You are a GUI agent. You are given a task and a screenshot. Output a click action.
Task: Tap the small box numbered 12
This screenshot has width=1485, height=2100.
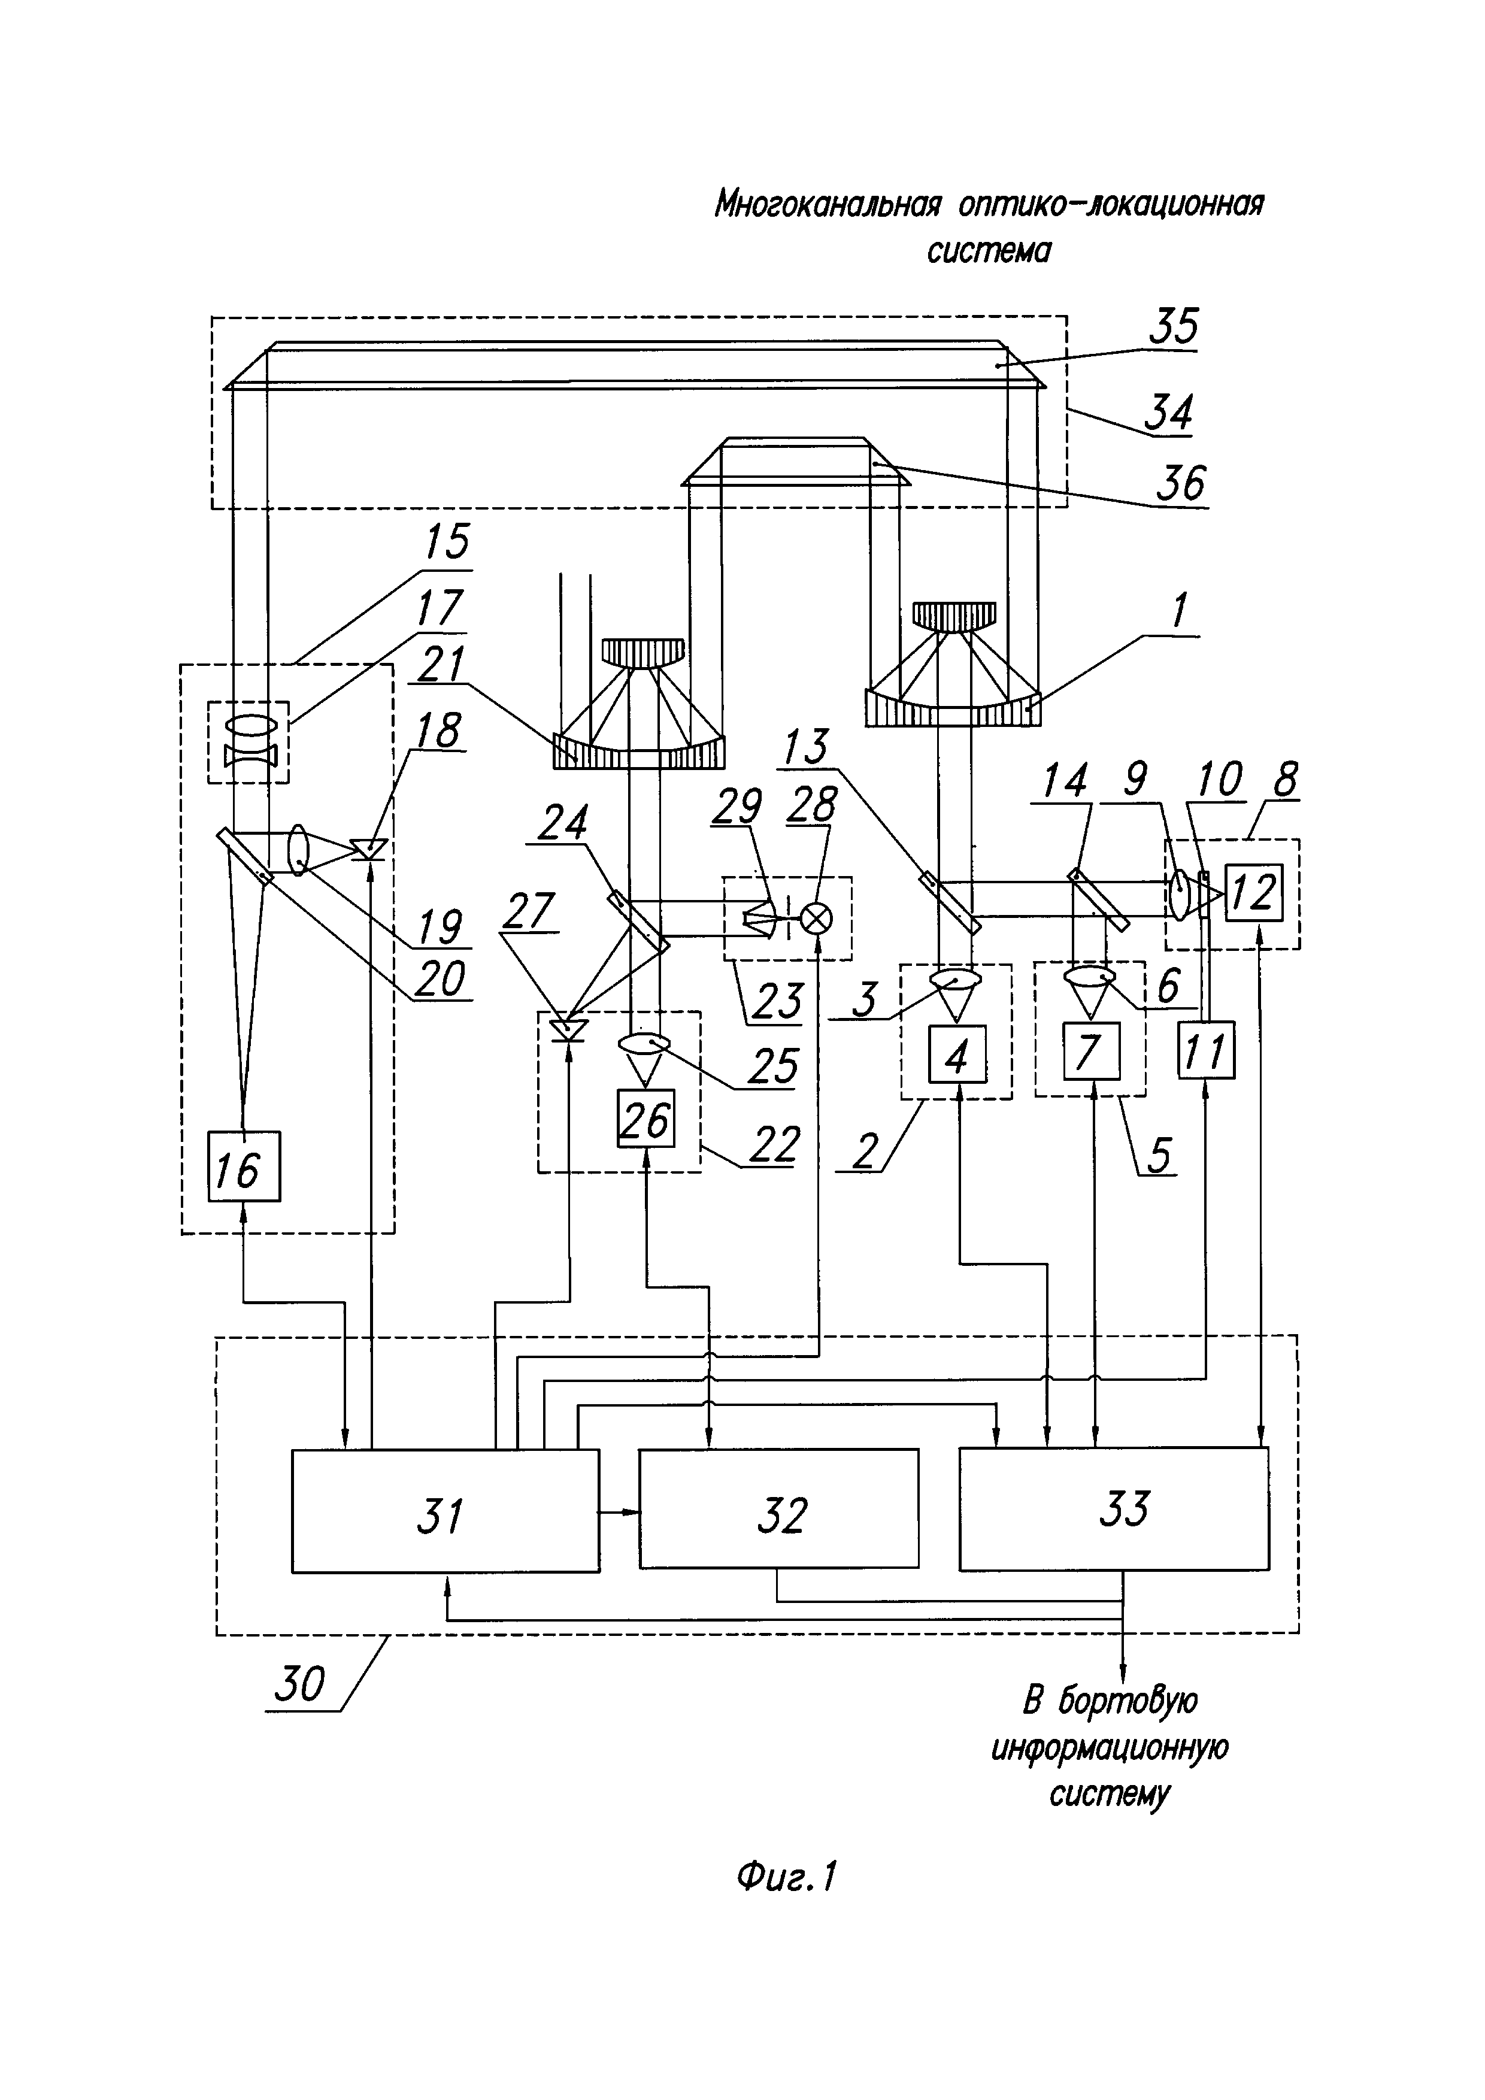[x=1254, y=892]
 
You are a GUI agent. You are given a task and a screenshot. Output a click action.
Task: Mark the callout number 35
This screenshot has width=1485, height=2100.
[x=1173, y=326]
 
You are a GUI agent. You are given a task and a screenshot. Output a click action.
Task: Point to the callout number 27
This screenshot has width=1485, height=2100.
[x=529, y=910]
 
